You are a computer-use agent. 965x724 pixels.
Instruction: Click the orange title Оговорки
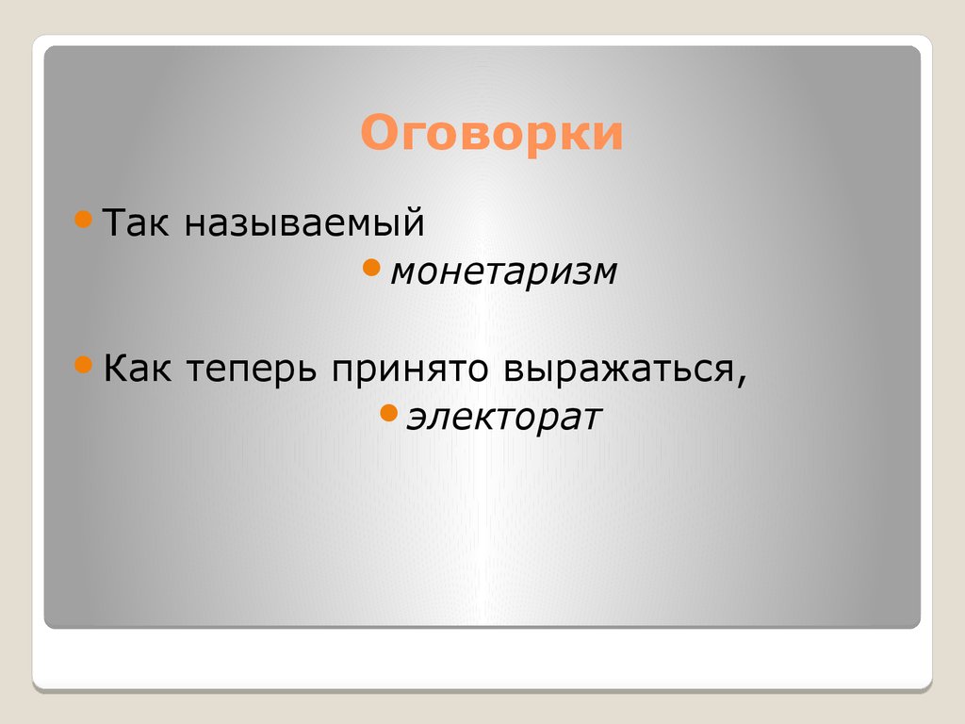pyautogui.click(x=491, y=133)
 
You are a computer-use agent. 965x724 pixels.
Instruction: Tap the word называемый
pyautogui.click(x=304, y=225)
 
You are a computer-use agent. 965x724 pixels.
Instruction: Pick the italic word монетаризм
pyautogui.click(x=504, y=272)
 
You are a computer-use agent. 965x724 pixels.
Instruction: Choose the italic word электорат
pyautogui.click(x=503, y=416)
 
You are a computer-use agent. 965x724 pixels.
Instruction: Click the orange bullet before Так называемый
pyautogui.click(x=83, y=221)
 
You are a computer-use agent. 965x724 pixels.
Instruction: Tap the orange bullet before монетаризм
pyautogui.click(x=371, y=269)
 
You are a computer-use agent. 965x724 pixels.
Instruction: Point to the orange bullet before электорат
pyautogui.click(x=387, y=412)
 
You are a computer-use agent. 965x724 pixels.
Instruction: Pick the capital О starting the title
pyautogui.click(x=377, y=133)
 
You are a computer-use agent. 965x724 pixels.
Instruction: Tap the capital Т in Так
pyautogui.click(x=114, y=223)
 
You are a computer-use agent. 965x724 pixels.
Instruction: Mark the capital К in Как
pyautogui.click(x=115, y=367)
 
